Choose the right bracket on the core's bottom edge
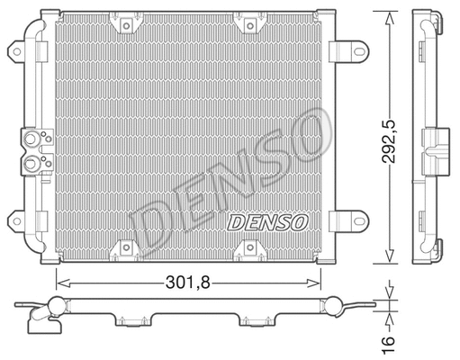[x=246, y=246]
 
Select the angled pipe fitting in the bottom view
[x=41, y=316]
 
